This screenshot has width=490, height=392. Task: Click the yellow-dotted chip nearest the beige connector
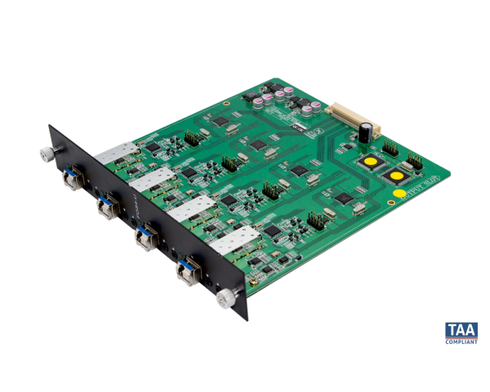coord(371,162)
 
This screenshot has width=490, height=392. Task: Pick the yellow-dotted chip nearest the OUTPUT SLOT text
coord(395,176)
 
